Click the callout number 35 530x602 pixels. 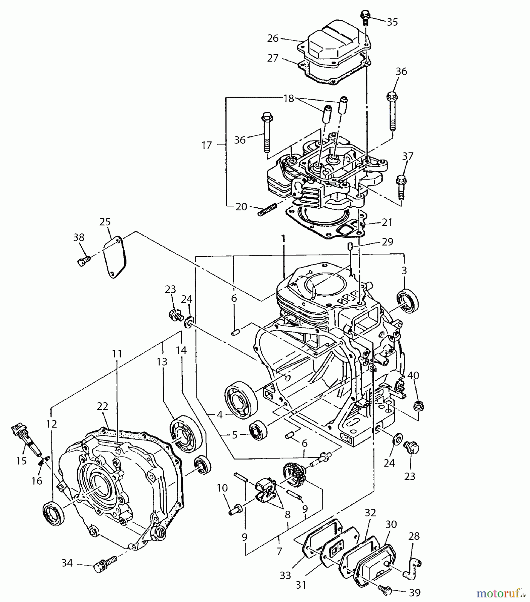coord(392,22)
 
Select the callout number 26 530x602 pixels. coord(273,38)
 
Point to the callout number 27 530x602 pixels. coord(273,58)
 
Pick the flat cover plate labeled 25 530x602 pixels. coord(114,257)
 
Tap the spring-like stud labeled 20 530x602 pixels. coord(267,210)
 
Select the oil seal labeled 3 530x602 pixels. coord(407,302)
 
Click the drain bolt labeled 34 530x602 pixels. coord(104,564)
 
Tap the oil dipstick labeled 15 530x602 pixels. coord(27,439)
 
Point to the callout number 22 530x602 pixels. coord(102,406)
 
